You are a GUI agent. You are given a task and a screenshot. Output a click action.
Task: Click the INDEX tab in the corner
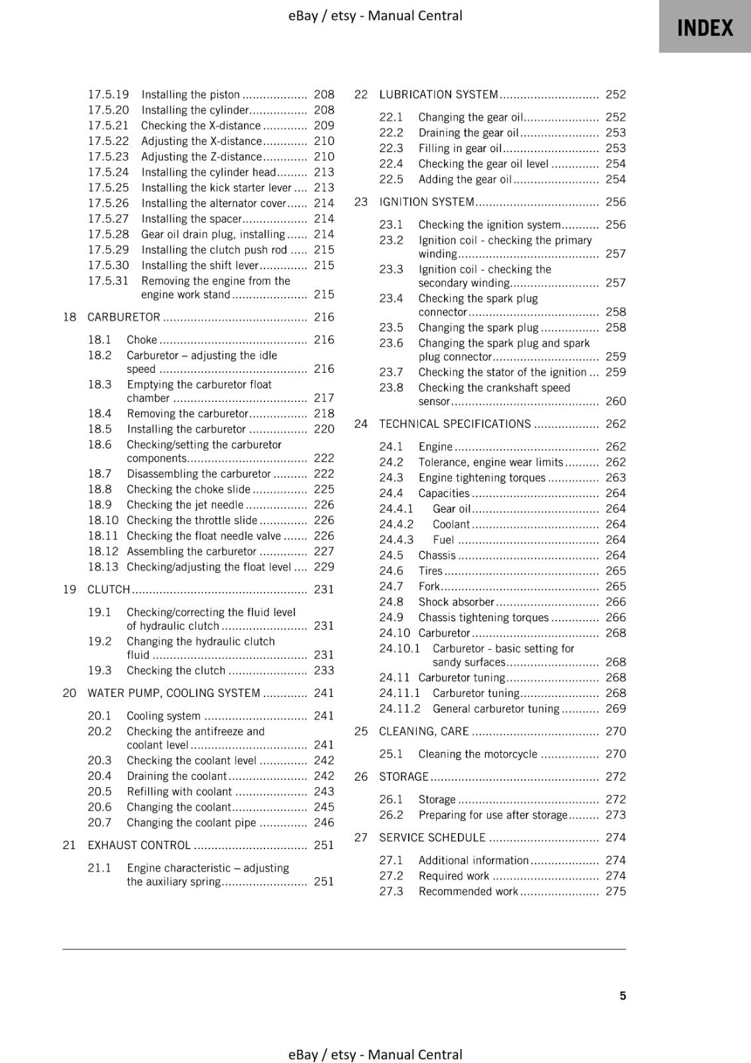pyautogui.click(x=704, y=27)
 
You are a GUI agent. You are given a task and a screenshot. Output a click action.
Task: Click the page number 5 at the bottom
pyautogui.click(x=623, y=995)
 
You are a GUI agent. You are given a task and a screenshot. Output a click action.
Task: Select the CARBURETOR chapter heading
pyautogui.click(x=124, y=317)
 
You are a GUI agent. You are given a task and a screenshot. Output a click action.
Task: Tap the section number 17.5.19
pyautogui.click(x=108, y=94)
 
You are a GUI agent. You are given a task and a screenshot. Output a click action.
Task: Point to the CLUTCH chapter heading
pyautogui.click(x=109, y=589)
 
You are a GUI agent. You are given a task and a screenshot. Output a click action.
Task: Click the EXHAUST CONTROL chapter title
pyautogui.click(x=139, y=845)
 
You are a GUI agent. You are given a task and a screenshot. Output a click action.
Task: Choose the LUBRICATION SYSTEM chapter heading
pyautogui.click(x=438, y=94)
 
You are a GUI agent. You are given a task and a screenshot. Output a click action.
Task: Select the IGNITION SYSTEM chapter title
pyautogui.click(x=427, y=202)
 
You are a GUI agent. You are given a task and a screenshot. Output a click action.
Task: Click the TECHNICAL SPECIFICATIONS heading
pyautogui.click(x=455, y=424)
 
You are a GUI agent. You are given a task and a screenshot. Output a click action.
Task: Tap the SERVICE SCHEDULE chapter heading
pyautogui.click(x=432, y=837)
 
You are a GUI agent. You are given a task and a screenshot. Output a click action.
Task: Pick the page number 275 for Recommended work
pyautogui.click(x=615, y=892)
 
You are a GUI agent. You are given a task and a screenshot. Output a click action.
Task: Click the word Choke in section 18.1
pyautogui.click(x=142, y=340)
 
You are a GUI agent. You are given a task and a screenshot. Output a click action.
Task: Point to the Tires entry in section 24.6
pyautogui.click(x=430, y=571)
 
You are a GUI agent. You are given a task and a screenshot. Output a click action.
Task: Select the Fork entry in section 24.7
pyautogui.click(x=429, y=587)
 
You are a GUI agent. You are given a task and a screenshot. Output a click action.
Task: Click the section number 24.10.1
pyautogui.click(x=399, y=648)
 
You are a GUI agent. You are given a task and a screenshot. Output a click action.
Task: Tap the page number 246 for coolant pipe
pyautogui.click(x=324, y=822)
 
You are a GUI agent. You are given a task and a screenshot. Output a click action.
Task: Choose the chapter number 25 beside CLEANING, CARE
pyautogui.click(x=361, y=731)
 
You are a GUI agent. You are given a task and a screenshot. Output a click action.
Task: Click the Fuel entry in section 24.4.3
pyautogui.click(x=443, y=540)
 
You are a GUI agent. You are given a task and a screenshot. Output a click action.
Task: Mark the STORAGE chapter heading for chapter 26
pyautogui.click(x=403, y=777)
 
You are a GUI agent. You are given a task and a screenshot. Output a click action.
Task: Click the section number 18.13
pyautogui.click(x=103, y=567)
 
